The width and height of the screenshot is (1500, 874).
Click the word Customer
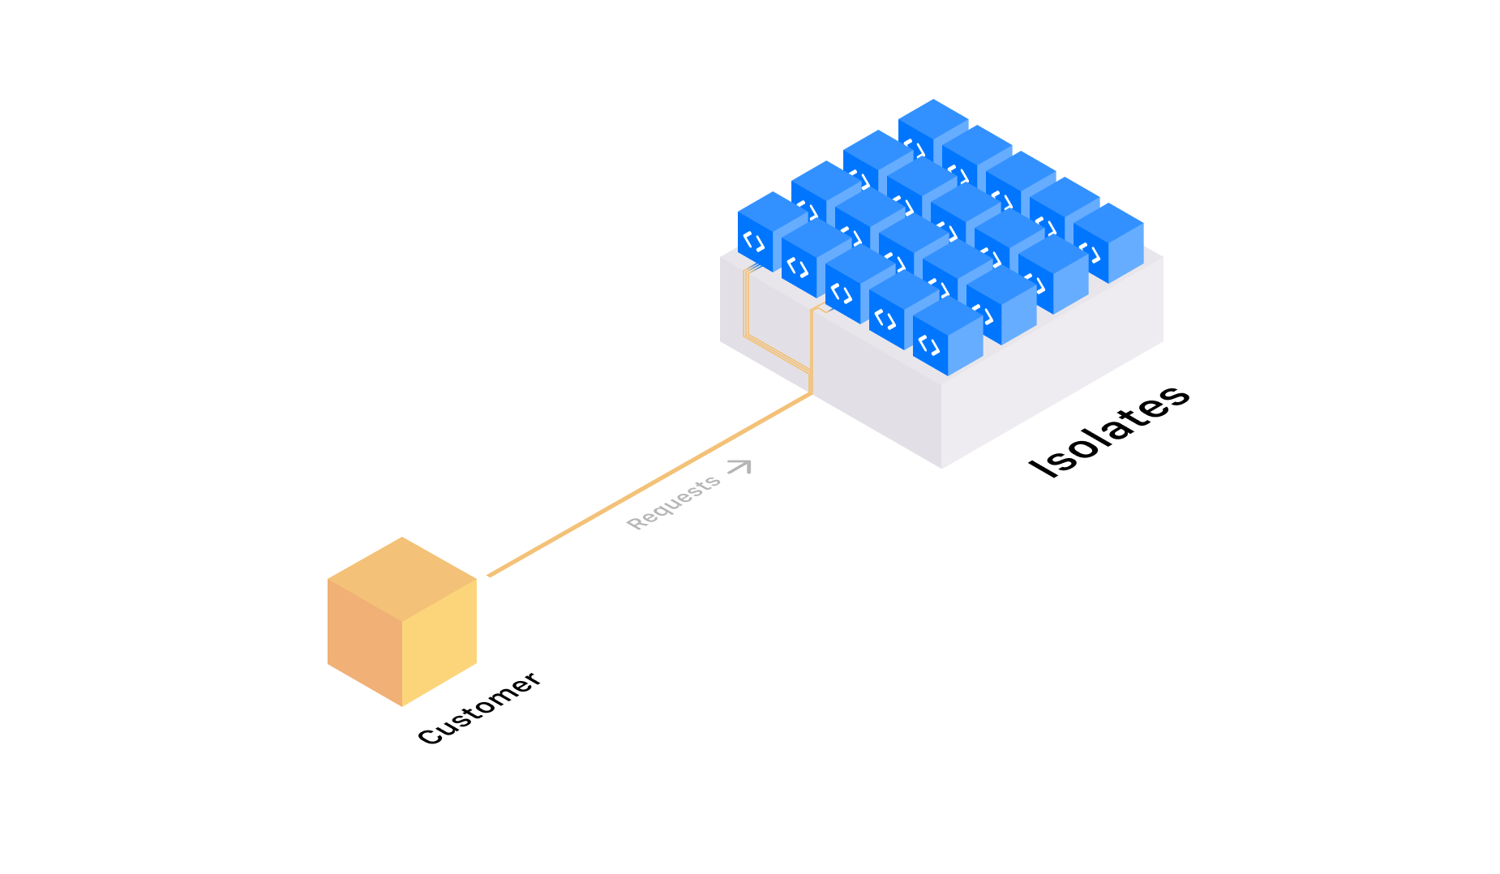(x=478, y=708)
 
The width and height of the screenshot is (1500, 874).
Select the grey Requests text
(x=673, y=503)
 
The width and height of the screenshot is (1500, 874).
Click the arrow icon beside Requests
(x=739, y=466)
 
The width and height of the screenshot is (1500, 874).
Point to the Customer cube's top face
(x=402, y=578)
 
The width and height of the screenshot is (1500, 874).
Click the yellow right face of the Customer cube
(x=439, y=645)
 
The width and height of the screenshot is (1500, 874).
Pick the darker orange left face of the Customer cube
(x=365, y=645)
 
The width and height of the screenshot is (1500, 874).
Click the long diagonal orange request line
(x=649, y=485)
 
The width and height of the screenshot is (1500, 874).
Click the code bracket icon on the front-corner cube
(x=929, y=345)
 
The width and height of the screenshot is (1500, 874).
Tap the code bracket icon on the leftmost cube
(x=754, y=242)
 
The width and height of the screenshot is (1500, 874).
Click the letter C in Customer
(x=428, y=736)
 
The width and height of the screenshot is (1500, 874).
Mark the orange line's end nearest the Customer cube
(x=490, y=576)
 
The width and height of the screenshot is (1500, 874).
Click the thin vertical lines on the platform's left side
(x=746, y=304)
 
